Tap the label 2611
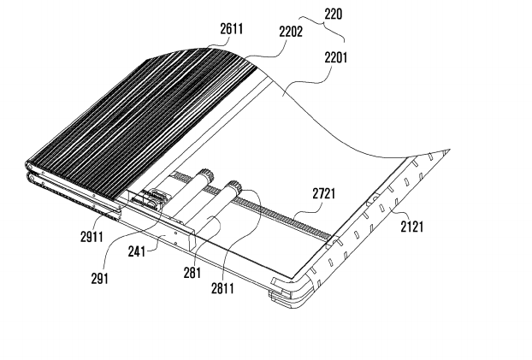(x=232, y=28)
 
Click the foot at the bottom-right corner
(x=281, y=295)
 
